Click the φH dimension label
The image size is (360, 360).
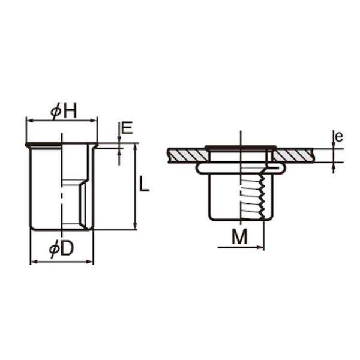tap(64, 111)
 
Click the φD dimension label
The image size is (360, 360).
tap(61, 250)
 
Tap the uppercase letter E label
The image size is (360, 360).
tap(127, 128)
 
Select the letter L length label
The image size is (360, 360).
tap(144, 184)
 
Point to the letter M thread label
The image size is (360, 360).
tap(239, 237)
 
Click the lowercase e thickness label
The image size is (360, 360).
tap(339, 137)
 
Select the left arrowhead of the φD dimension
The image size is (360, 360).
tap(34, 262)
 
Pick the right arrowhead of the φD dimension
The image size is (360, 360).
tap(89, 262)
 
